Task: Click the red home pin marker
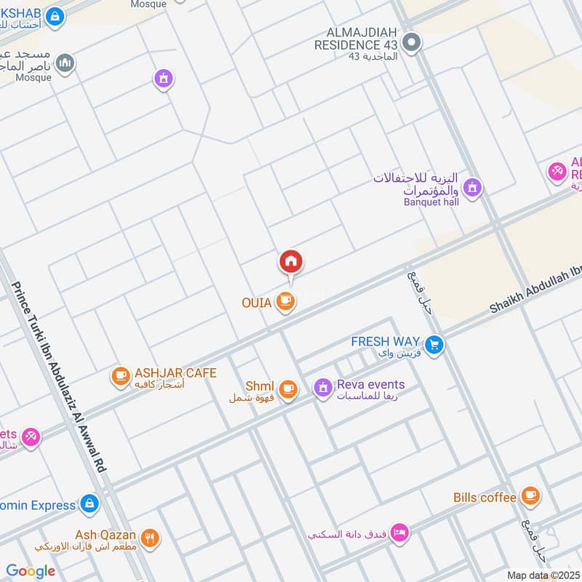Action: click(x=291, y=261)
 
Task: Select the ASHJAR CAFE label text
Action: click(x=175, y=373)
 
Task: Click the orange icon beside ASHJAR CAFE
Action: click(x=120, y=376)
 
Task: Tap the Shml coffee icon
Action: click(x=289, y=389)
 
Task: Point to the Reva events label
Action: click(x=370, y=385)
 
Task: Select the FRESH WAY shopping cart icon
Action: click(x=435, y=345)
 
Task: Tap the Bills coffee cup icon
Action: click(x=531, y=496)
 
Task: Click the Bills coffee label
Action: click(x=485, y=498)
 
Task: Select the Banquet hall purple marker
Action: click(x=472, y=188)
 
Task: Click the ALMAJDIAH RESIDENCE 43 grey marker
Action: click(x=411, y=43)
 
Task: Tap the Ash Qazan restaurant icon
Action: click(x=151, y=538)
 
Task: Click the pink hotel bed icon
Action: click(x=399, y=533)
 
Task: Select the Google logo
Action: click(x=31, y=571)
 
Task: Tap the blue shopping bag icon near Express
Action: click(x=89, y=503)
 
